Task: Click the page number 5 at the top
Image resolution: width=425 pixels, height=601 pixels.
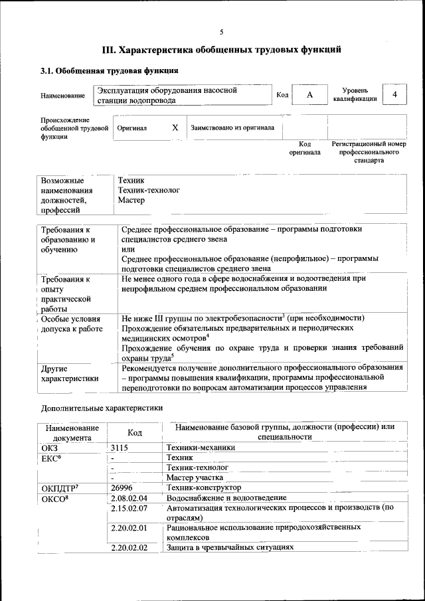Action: [222, 32]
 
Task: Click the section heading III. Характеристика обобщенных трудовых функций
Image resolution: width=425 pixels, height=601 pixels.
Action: [222, 49]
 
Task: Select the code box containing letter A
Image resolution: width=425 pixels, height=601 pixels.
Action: [309, 95]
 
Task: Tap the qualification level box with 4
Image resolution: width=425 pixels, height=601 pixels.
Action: [395, 95]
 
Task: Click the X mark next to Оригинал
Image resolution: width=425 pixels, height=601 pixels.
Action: [175, 128]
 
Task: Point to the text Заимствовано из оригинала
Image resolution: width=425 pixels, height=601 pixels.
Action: [232, 128]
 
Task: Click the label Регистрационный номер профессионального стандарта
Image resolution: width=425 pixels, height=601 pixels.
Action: [369, 152]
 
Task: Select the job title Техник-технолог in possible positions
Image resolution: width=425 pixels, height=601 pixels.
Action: [149, 189]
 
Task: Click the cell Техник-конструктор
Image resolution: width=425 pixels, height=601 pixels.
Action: [203, 487]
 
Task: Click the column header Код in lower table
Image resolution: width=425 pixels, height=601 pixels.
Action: [135, 432]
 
